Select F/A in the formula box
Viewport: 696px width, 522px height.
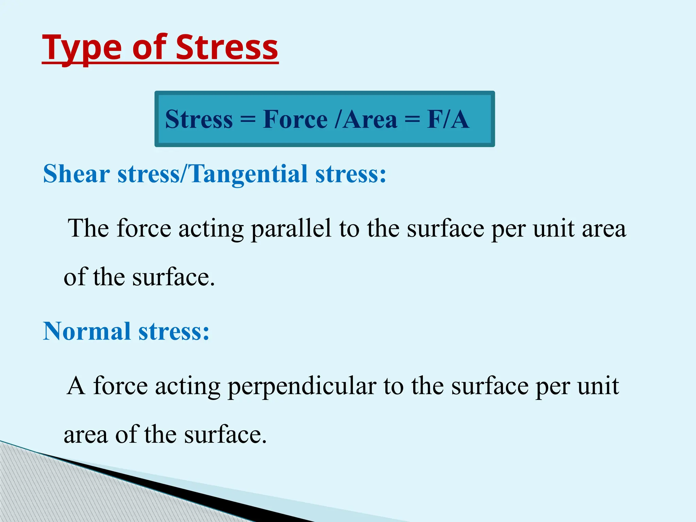point(448,120)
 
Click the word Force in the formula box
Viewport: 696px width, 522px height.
point(295,120)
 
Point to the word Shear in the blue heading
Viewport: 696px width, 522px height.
point(76,174)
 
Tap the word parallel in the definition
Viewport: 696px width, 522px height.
point(291,229)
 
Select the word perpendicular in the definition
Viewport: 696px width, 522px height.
point(302,387)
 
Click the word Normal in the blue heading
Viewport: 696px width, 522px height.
point(87,331)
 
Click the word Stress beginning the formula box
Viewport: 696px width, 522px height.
point(199,120)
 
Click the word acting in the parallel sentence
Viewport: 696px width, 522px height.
point(211,229)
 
